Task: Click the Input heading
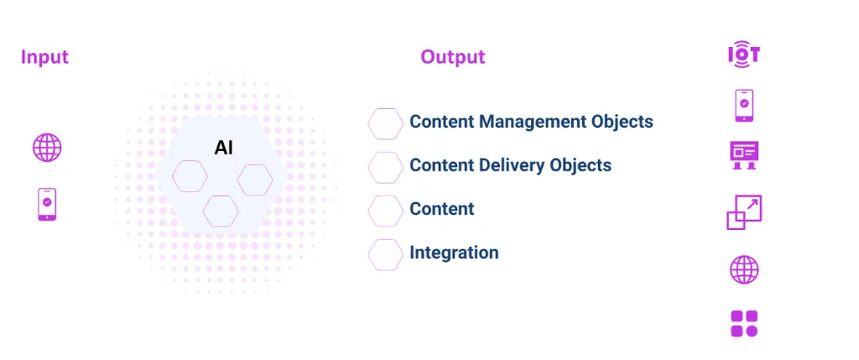coord(44,57)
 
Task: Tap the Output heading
coord(453,57)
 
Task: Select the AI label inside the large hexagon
coord(223,149)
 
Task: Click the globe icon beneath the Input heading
coord(47,148)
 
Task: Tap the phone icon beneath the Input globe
coord(47,204)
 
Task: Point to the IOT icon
coord(743,55)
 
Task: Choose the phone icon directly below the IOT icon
coord(743,106)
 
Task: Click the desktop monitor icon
coord(743,154)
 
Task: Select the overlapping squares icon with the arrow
coord(743,212)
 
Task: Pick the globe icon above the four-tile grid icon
coord(744,270)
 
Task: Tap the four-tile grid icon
coord(744,323)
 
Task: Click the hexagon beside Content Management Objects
coord(386,123)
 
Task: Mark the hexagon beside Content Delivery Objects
coord(386,167)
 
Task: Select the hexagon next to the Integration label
coord(386,254)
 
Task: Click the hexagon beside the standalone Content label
coord(386,211)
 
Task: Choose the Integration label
coord(454,253)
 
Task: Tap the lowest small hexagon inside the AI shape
coord(221,210)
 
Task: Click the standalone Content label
coord(442,209)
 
